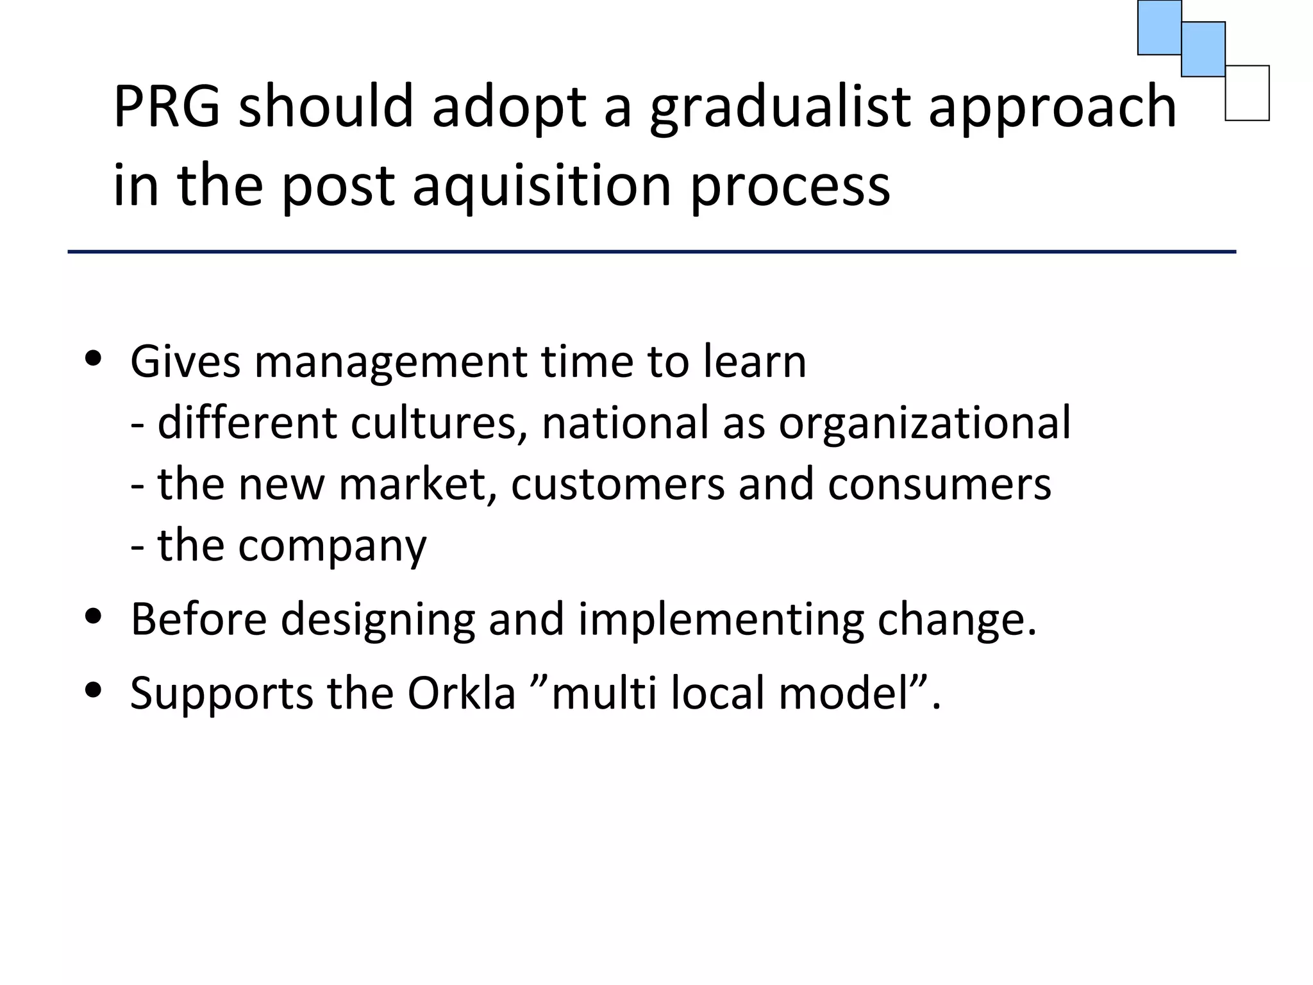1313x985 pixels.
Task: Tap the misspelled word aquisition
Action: coord(542,186)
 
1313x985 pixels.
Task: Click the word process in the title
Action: coord(790,186)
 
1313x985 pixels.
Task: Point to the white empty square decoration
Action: coord(1247,94)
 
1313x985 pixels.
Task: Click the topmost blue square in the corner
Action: coord(1159,27)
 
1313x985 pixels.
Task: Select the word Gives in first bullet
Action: coord(185,362)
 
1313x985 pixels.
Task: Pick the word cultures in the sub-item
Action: coord(433,423)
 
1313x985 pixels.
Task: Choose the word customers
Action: coord(617,484)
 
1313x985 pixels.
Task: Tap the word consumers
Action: coord(939,484)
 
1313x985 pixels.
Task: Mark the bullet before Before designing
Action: coord(94,616)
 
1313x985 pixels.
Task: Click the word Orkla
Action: coord(461,693)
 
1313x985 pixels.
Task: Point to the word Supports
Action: coord(221,693)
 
